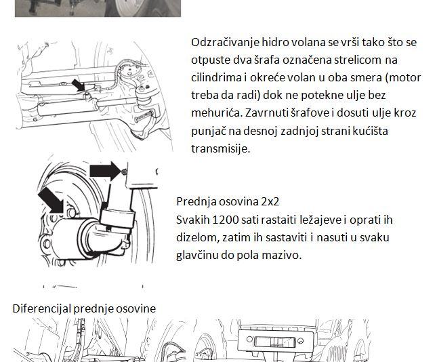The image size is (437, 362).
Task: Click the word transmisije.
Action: point(221,148)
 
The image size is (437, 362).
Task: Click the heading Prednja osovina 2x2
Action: point(228,201)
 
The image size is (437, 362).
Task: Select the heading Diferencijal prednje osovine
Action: point(84,308)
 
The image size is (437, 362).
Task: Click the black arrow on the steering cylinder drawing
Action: point(79,85)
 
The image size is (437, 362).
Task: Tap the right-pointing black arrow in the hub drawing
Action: point(105,171)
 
